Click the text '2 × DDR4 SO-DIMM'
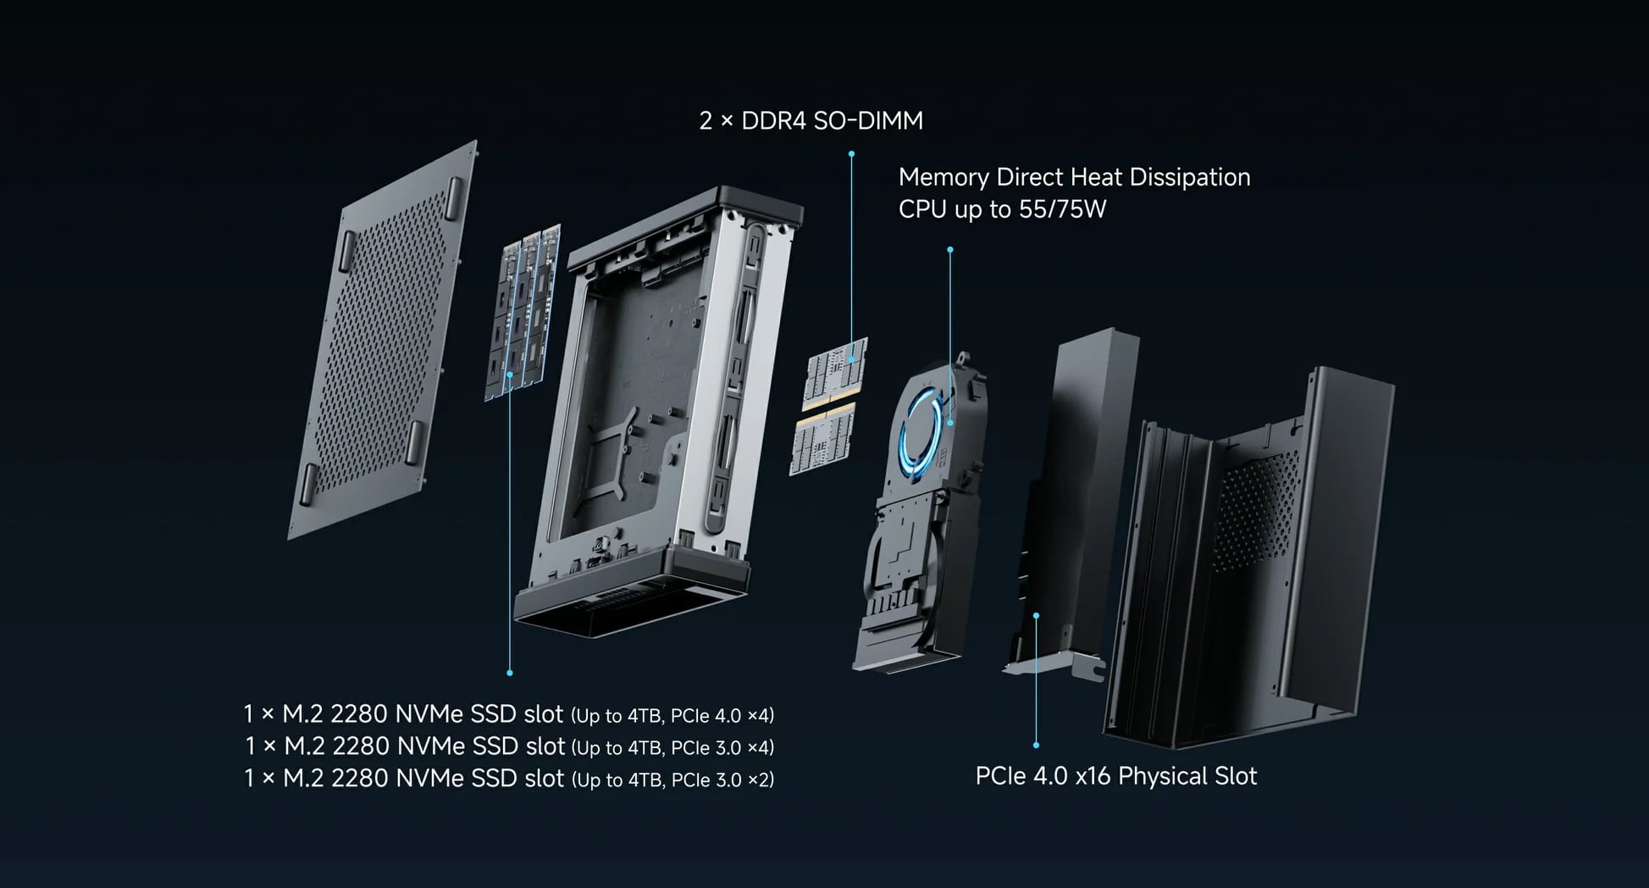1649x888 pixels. coord(811,121)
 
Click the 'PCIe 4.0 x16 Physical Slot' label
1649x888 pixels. coord(1115,776)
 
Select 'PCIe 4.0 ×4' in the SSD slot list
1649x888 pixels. coord(721,716)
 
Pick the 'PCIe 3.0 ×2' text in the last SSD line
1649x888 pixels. coord(722,780)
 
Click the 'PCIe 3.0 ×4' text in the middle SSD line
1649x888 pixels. coord(722,748)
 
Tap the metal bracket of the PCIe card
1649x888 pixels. coord(1054,665)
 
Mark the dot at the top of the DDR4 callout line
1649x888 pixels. coord(851,154)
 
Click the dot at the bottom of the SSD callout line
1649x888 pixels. coord(510,673)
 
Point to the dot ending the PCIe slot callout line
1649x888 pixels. coord(1036,746)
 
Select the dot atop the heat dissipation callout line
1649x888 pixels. coord(950,250)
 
